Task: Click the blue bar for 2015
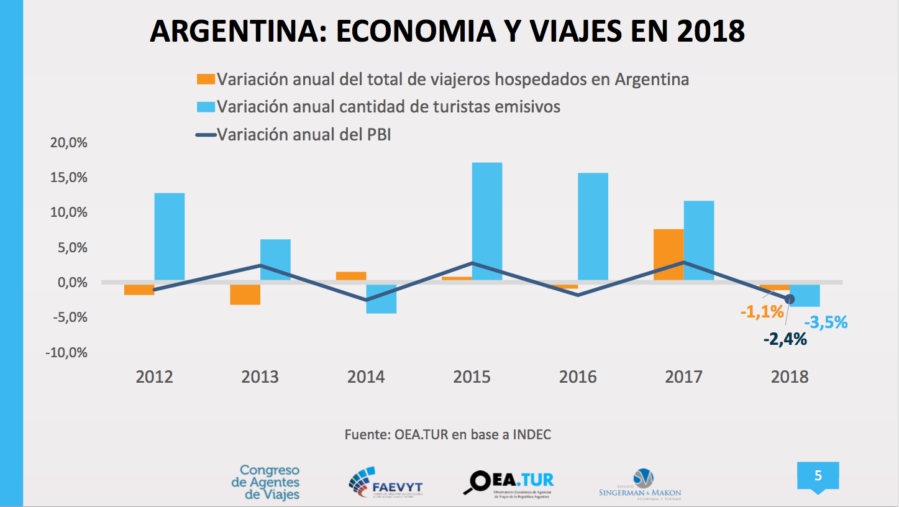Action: tap(487, 221)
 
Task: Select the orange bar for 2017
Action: tap(669, 255)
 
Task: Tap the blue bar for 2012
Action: tap(170, 237)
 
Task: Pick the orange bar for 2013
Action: tap(245, 295)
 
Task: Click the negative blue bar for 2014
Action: tap(381, 299)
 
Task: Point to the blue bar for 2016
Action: tap(593, 226)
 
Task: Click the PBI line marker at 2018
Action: tap(790, 299)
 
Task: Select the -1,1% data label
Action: tap(762, 312)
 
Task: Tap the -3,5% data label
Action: tap(826, 322)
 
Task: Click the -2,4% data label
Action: tap(785, 339)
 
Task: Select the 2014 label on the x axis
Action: tap(366, 377)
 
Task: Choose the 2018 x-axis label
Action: tap(790, 377)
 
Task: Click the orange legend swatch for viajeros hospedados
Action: tap(206, 80)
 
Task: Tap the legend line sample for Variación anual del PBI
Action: tap(206, 134)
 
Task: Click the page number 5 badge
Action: tap(818, 477)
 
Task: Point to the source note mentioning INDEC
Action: tap(447, 435)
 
